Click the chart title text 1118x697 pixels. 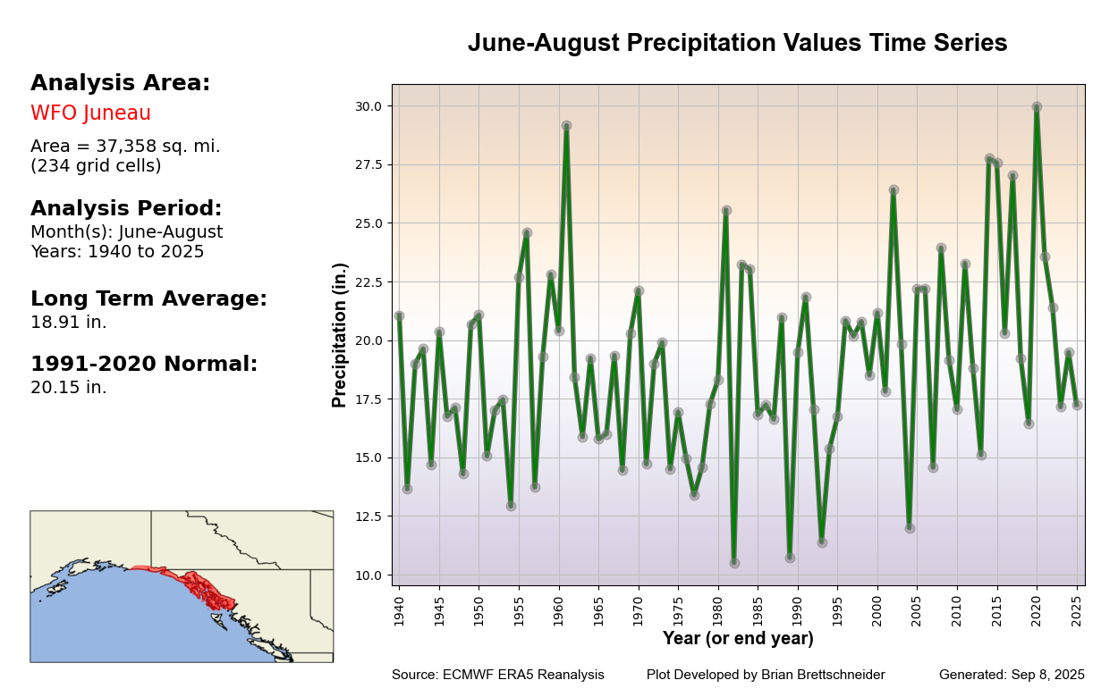tap(737, 44)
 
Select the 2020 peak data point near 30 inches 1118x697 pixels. tap(1037, 107)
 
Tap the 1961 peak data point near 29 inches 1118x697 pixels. tap(566, 126)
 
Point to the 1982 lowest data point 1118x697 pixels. tap(734, 563)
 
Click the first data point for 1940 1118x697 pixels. tap(399, 315)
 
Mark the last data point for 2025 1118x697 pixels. tap(1077, 405)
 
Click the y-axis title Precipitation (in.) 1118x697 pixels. tap(340, 335)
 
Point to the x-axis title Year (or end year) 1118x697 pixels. tap(738, 639)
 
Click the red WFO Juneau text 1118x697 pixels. tap(90, 113)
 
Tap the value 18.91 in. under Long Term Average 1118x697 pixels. tap(68, 323)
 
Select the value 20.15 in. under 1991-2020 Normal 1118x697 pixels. tap(68, 388)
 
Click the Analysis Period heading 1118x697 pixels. tap(126, 209)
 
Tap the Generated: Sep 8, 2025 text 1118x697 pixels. tap(1012, 676)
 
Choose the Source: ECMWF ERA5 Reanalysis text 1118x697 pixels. tap(497, 676)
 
